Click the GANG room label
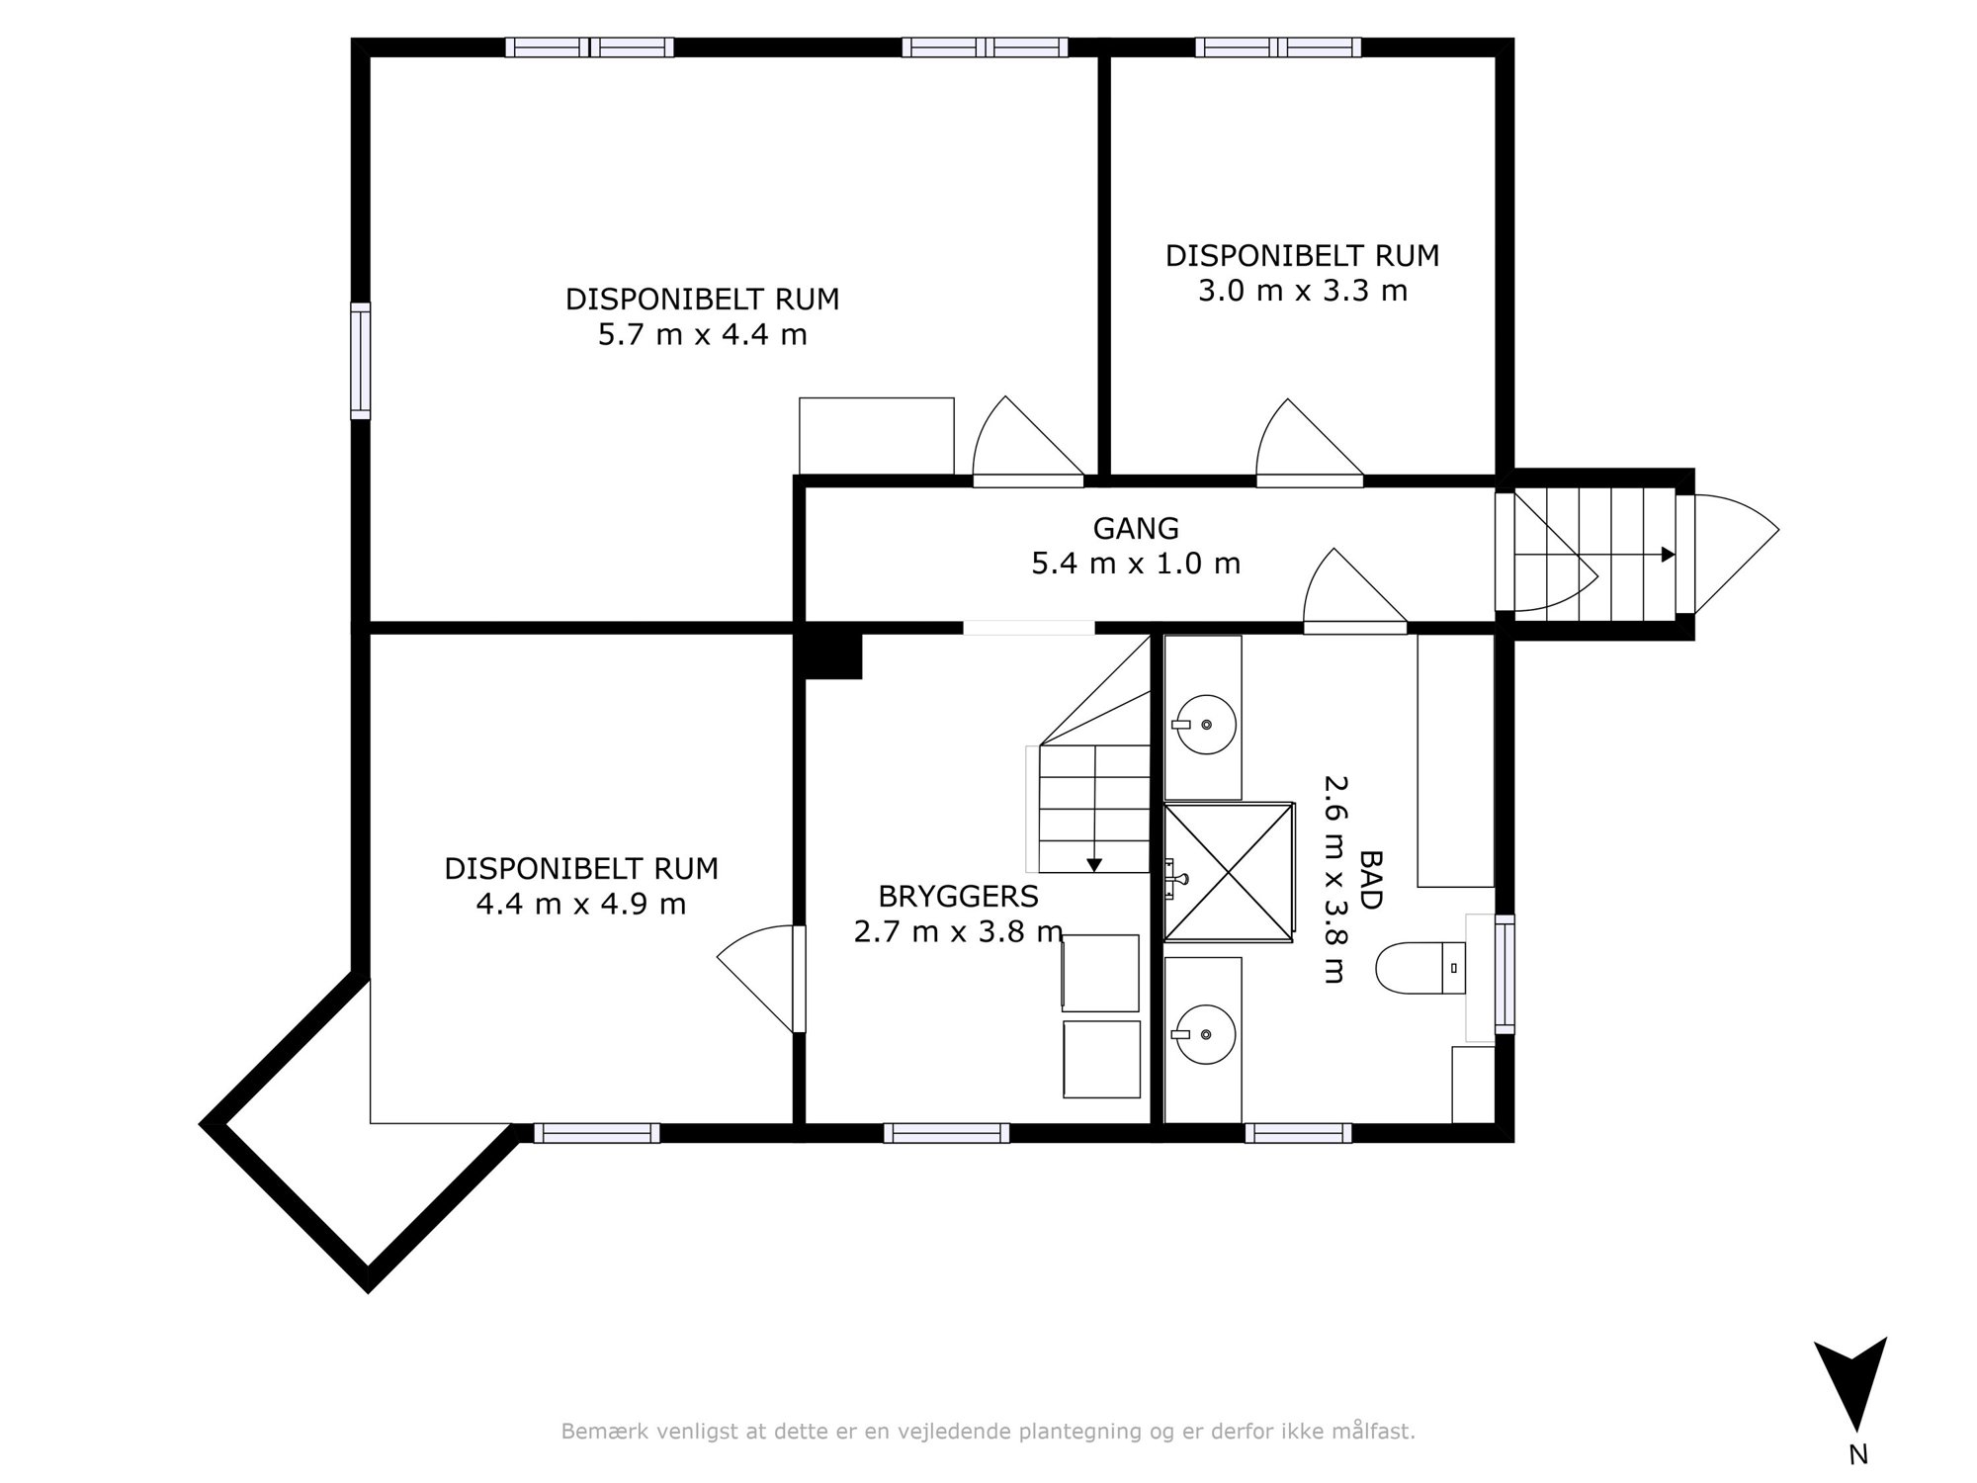1136,529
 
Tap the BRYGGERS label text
958,897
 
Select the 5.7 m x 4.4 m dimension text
703,335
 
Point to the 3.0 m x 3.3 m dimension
1303,292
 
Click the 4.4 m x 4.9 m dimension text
581,905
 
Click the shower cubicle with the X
1229,872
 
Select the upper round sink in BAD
1207,725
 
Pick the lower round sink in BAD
1207,1035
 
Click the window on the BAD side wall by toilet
1504,975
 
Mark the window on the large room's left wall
361,361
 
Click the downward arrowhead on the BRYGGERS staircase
1094,865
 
